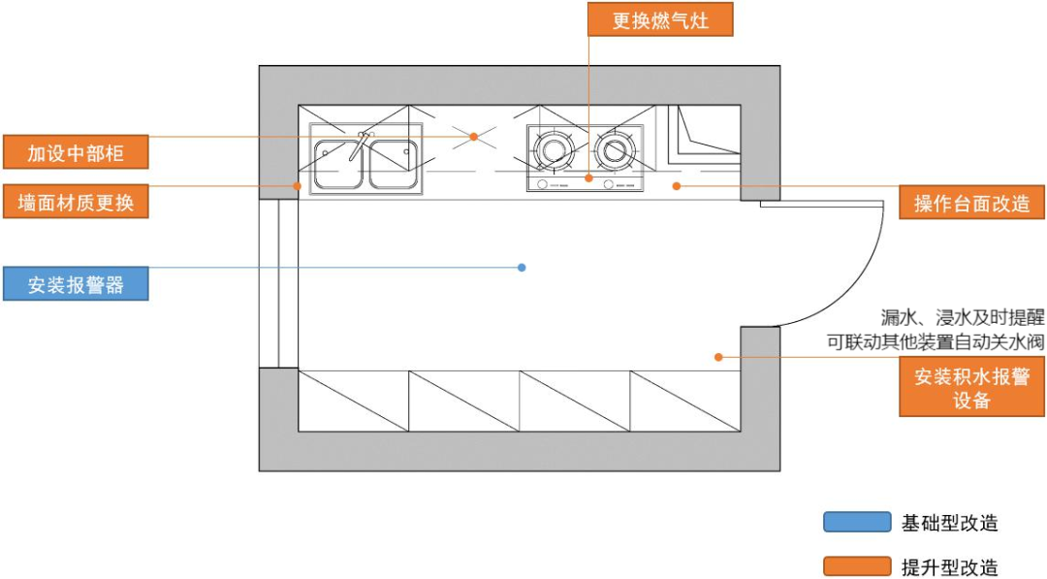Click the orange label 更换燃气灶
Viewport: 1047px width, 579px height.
pos(660,19)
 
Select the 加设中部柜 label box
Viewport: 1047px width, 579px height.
pos(75,152)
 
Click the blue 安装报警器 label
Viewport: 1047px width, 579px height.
pos(75,284)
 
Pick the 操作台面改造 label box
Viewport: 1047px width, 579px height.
pos(971,203)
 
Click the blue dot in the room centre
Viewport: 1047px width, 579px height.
pos(522,267)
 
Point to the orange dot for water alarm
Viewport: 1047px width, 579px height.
pos(718,357)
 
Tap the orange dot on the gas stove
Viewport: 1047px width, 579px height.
pos(588,178)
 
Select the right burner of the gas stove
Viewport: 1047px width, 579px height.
pos(614,150)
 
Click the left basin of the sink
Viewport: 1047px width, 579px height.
pos(338,162)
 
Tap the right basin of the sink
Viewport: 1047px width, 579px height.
pos(393,162)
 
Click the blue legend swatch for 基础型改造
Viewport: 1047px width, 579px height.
pos(856,522)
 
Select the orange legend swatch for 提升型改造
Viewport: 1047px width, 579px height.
pos(856,566)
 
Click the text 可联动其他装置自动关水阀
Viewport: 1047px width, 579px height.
pos(935,340)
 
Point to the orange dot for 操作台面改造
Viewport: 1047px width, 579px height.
pos(677,184)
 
